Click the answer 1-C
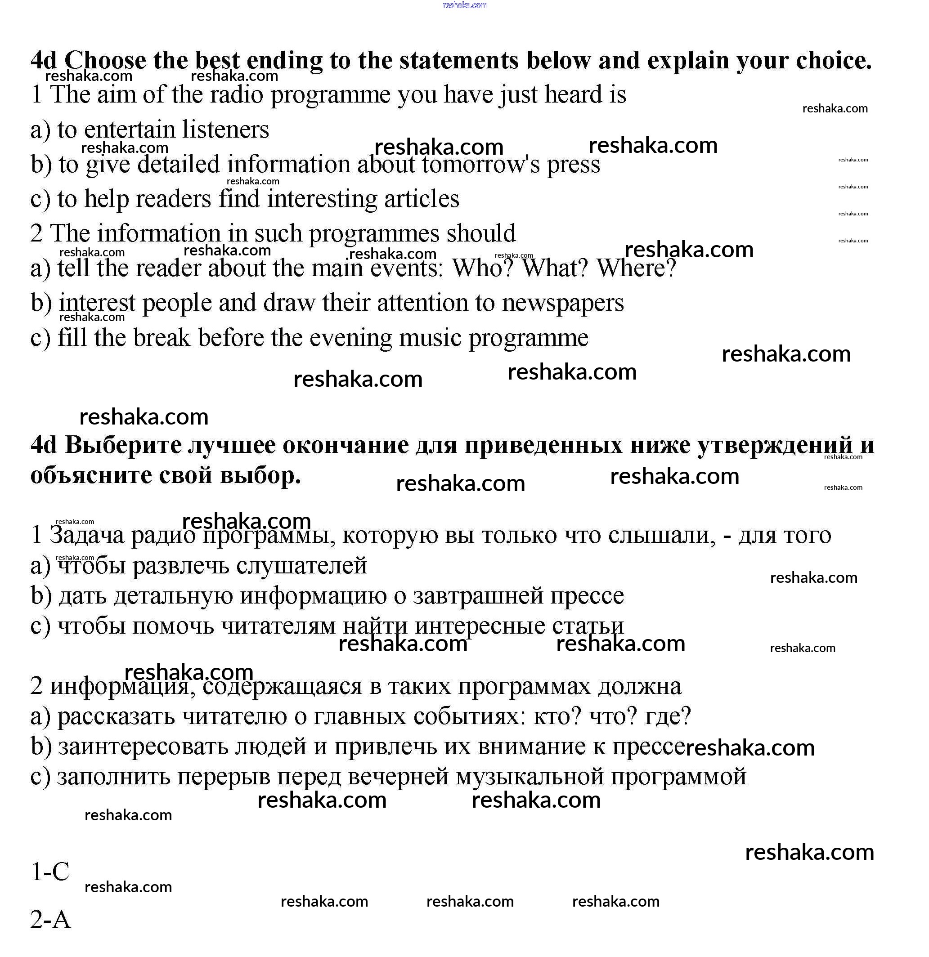coord(50,872)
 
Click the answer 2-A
coord(50,919)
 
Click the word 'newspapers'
coord(563,303)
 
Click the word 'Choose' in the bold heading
coord(105,61)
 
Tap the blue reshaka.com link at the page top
coord(464,5)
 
